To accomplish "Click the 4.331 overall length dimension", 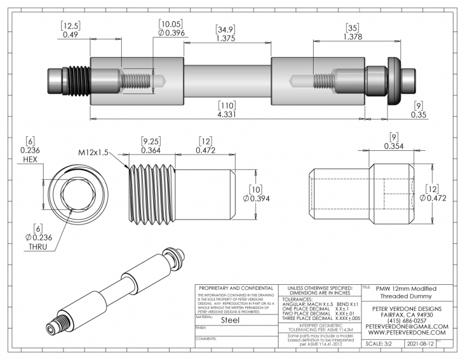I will (x=225, y=114).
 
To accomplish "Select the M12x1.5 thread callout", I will (x=93, y=153).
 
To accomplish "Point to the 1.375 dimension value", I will (x=226, y=38).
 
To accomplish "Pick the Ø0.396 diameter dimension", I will (x=170, y=33).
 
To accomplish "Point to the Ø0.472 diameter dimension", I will (x=438, y=198).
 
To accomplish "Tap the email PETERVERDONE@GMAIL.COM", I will (x=406, y=326).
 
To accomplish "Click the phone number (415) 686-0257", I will (x=406, y=320).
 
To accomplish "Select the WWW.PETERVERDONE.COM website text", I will (x=406, y=333).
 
